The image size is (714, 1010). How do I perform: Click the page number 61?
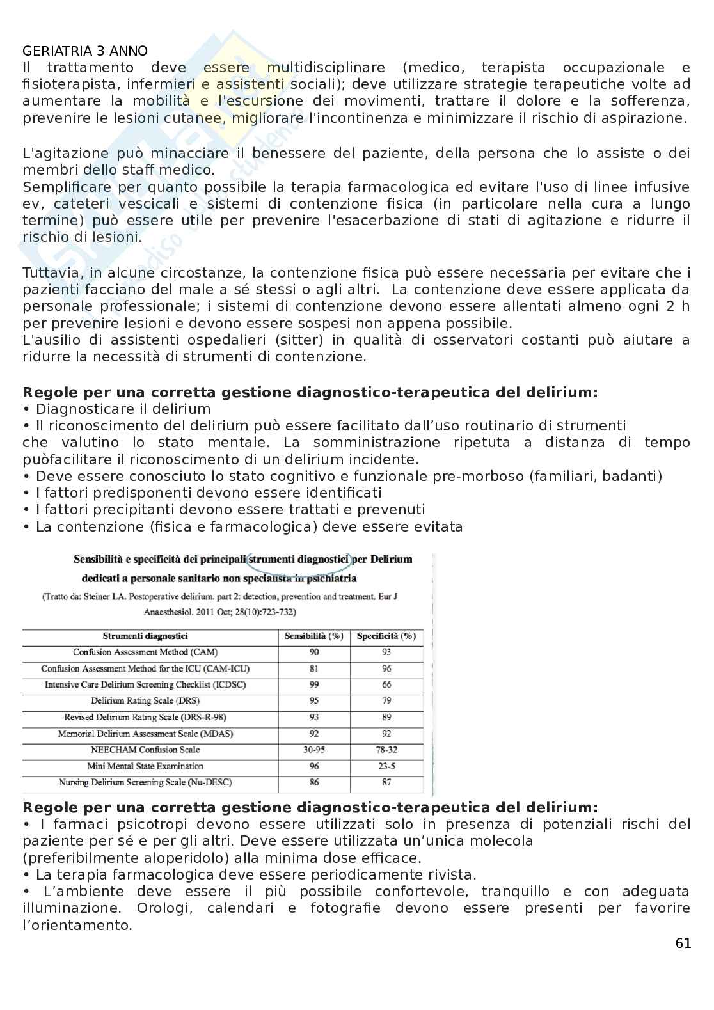(683, 943)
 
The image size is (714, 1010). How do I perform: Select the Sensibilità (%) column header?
(313, 636)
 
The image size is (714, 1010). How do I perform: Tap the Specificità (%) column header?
(386, 636)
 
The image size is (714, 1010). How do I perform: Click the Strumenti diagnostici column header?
(145, 636)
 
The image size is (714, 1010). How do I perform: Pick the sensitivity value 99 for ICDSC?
(313, 684)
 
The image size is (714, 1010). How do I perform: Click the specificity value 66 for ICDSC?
(386, 684)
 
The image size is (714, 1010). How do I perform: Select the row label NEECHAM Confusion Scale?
(145, 750)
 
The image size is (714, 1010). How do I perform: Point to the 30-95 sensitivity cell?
(313, 750)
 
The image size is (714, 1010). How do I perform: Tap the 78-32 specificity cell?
(386, 750)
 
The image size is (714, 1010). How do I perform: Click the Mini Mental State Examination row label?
(145, 766)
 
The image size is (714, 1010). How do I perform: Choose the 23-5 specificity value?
(386, 766)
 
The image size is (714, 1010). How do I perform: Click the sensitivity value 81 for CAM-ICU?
(313, 668)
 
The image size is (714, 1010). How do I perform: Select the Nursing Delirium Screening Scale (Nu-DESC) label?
(145, 782)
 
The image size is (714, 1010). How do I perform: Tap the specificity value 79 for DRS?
(386, 701)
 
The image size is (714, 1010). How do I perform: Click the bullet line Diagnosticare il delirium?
(123, 409)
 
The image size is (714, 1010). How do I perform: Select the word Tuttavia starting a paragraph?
(52, 272)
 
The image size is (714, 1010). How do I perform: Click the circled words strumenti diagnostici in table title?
(299, 559)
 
